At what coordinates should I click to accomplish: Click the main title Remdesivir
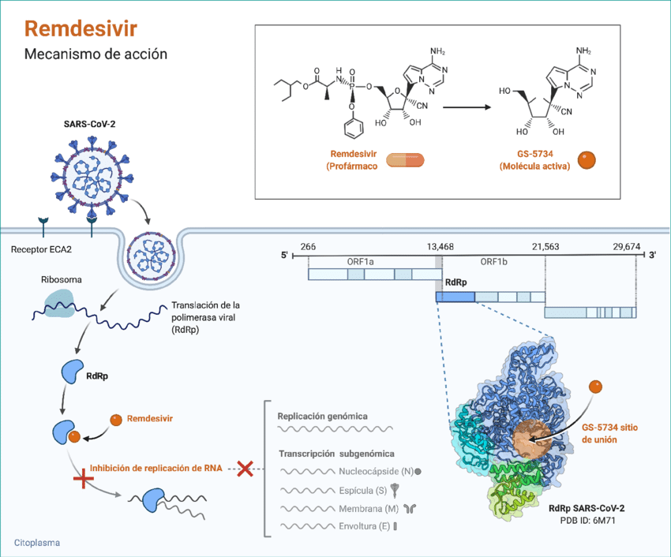point(81,29)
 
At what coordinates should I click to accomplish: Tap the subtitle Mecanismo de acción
point(96,55)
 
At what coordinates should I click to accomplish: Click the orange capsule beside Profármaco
point(405,160)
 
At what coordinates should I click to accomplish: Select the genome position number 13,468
point(436,247)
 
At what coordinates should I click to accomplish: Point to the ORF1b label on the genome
point(497,261)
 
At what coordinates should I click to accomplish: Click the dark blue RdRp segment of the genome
point(455,297)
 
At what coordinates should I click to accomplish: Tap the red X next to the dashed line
point(245,468)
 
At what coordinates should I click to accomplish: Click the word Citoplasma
point(37,543)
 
